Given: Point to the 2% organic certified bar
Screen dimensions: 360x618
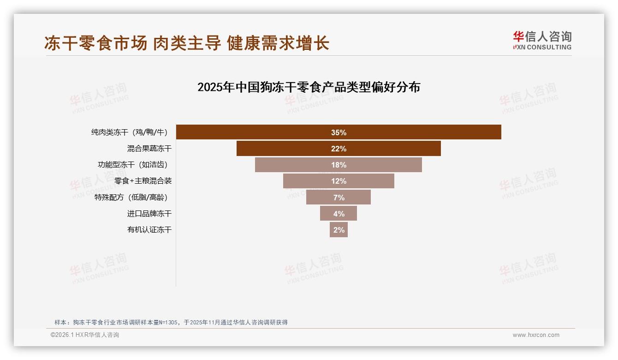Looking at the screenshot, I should [x=339, y=230].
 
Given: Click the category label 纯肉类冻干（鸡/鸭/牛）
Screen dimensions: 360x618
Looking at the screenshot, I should [x=129, y=132].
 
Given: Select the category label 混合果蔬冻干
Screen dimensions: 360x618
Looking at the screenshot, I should [x=149, y=149].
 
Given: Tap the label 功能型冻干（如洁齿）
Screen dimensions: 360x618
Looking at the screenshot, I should [x=132, y=165].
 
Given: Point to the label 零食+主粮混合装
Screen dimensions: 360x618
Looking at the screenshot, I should [x=143, y=181].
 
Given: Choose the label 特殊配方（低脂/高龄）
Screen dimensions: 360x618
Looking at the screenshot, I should [x=131, y=198].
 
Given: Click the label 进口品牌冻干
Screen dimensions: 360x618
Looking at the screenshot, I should [x=149, y=214].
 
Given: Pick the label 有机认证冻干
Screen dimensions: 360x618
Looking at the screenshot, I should [x=149, y=230].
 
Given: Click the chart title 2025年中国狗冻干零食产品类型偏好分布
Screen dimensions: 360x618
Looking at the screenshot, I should [x=309, y=87].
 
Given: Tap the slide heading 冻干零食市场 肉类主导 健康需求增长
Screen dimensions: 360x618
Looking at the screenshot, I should [x=187, y=43].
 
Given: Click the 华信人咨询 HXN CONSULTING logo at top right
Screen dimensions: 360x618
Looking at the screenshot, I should [x=542, y=41].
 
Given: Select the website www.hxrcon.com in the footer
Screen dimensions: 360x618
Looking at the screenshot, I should [x=536, y=335].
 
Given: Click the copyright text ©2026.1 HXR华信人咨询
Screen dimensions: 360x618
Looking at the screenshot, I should [x=85, y=335].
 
